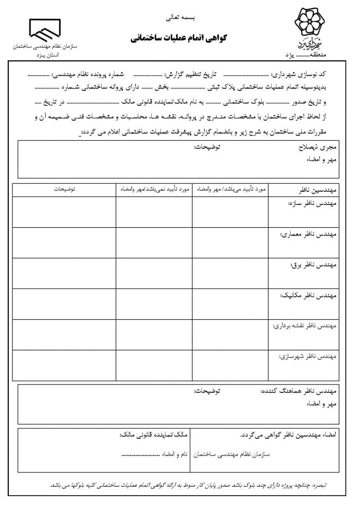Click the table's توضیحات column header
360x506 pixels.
tap(64, 189)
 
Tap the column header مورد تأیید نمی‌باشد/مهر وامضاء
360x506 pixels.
tap(154, 189)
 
